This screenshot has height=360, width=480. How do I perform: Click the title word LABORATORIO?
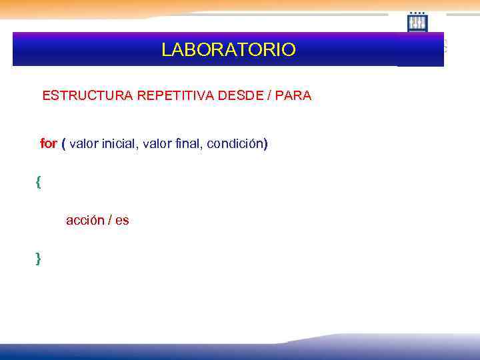coord(228,50)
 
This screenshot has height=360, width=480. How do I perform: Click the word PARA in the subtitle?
coord(293,95)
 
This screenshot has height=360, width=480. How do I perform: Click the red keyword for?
coord(49,143)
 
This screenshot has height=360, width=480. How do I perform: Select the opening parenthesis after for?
coord(63,143)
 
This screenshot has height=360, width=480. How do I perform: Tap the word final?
coord(189,143)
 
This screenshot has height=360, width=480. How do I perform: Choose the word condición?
coord(237,143)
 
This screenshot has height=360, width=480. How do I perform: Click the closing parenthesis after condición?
coord(265,143)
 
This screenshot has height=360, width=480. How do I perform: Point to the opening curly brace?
coord(38,182)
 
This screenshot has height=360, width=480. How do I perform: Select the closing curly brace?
coord(38,258)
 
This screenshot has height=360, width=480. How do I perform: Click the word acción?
coord(85,220)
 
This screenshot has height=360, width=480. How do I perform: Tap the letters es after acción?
coord(122,220)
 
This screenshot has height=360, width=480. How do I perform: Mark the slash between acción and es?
coord(109,220)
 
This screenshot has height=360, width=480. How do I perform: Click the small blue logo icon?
coord(417,22)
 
